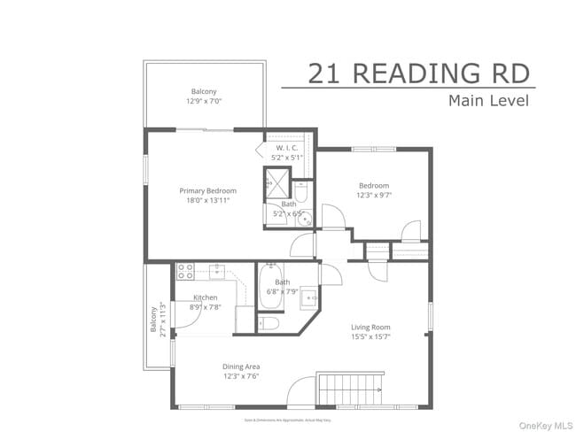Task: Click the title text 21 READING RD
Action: coord(421,73)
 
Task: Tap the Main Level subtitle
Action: coord(488,100)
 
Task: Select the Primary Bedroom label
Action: coord(208,190)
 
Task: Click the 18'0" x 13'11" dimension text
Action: coord(208,201)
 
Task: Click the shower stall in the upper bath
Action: coord(277,182)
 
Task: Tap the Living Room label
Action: coord(370,328)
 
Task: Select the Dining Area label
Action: coord(240,366)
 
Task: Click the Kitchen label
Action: coord(206,297)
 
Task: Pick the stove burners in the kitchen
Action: coord(186,271)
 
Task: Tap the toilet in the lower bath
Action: coord(269,323)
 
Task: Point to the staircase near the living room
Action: coord(348,387)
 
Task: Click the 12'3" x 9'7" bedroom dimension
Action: coord(374,196)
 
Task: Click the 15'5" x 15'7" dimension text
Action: coord(370,337)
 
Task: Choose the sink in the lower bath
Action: coord(308,297)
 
